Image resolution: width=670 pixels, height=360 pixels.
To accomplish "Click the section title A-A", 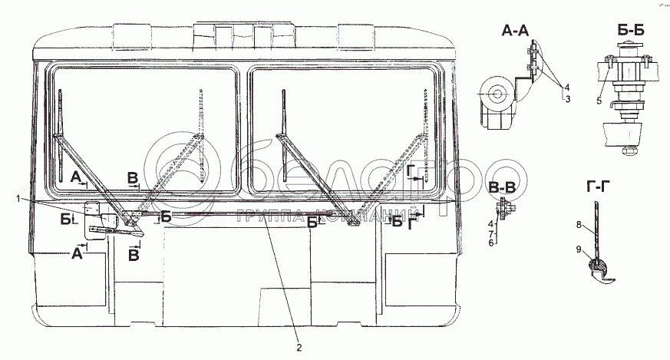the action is click(x=518, y=31).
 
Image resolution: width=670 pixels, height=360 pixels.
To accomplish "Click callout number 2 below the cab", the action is click(x=299, y=347).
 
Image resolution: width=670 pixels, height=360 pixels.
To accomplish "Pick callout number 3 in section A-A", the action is click(x=567, y=98).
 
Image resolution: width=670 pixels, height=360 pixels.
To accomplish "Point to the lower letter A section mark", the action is click(x=77, y=254).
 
